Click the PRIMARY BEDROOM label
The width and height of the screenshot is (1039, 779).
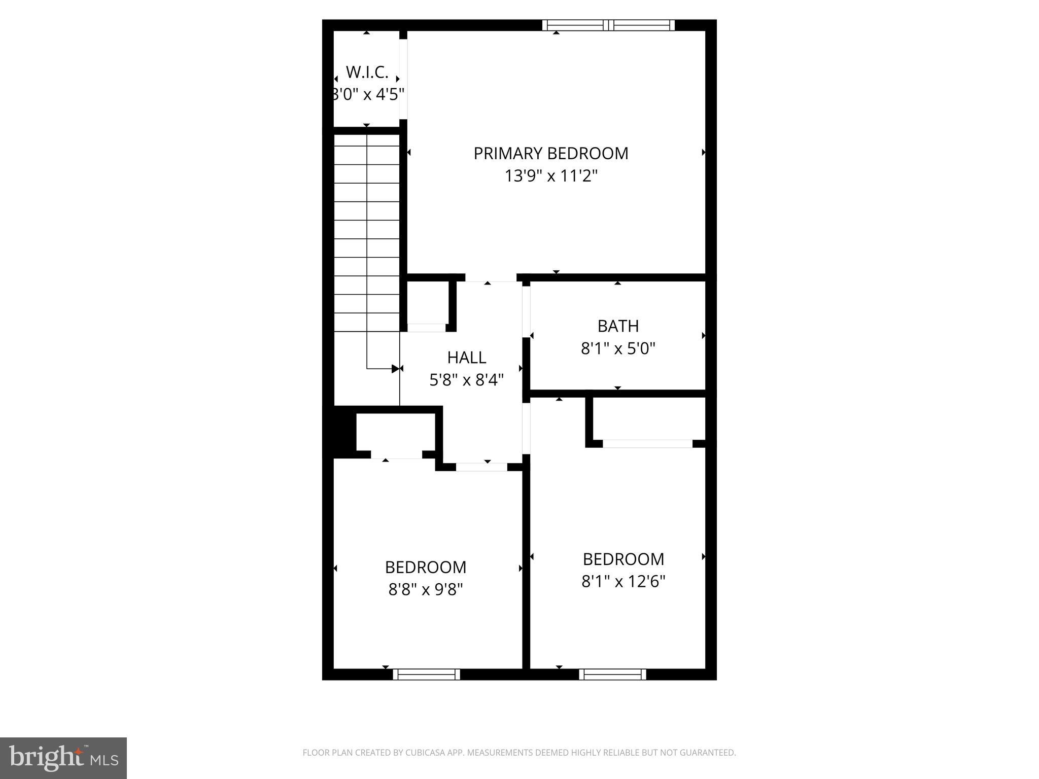click(x=551, y=153)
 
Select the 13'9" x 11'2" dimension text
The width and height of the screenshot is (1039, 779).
click(x=551, y=176)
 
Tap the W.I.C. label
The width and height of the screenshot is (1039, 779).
click(x=367, y=73)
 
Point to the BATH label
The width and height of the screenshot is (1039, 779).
click(x=618, y=326)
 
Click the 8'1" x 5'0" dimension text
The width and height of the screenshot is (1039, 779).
click(x=618, y=348)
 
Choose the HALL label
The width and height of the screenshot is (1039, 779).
click(x=467, y=358)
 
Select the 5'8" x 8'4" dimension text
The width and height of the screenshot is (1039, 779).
click(x=467, y=380)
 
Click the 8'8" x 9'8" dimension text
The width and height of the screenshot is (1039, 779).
click(x=426, y=589)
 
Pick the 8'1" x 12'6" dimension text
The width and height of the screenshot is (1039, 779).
click(x=623, y=581)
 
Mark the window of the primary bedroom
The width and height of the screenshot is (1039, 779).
click(x=608, y=25)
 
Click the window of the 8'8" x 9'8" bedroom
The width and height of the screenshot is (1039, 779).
click(x=426, y=674)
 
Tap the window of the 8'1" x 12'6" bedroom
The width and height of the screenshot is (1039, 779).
click(x=612, y=674)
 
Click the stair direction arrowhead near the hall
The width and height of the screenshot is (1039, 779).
click(x=396, y=369)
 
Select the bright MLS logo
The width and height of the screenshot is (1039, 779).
click(x=63, y=758)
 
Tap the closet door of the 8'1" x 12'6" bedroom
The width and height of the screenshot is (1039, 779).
click(x=647, y=444)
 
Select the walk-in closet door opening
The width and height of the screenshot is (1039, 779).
click(x=403, y=79)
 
